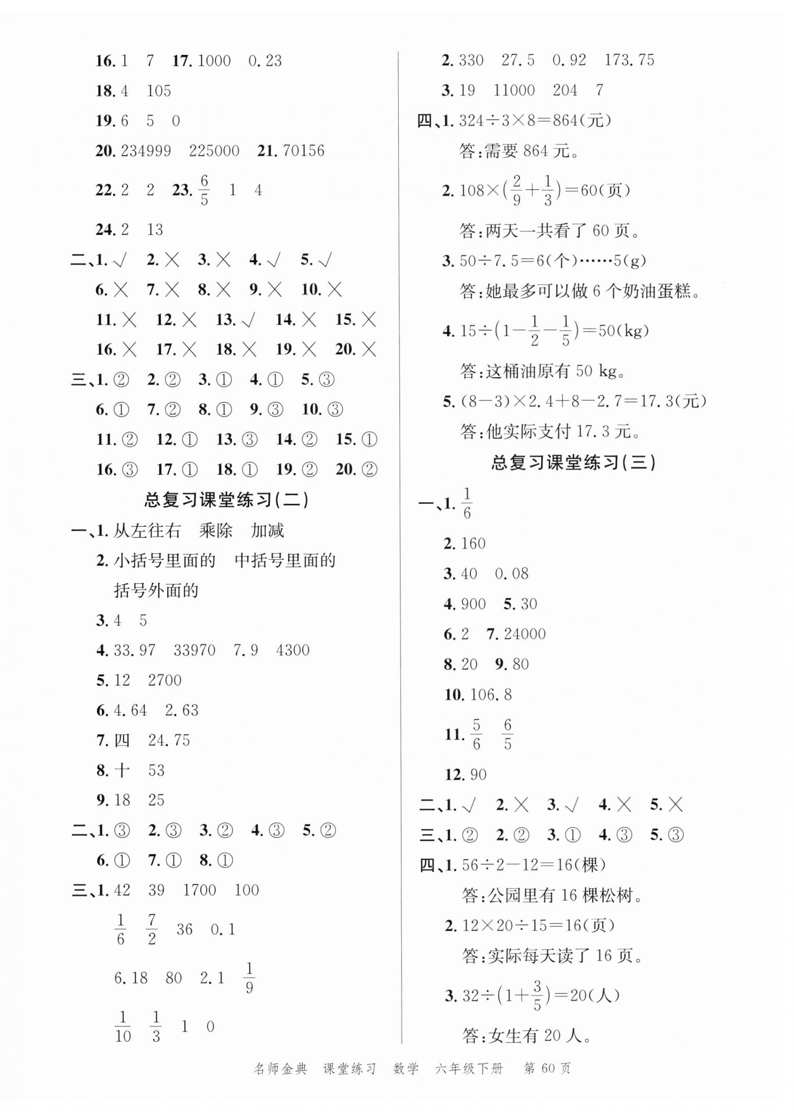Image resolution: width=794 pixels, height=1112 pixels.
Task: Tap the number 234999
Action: tap(146, 151)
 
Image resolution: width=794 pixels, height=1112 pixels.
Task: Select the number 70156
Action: tap(303, 151)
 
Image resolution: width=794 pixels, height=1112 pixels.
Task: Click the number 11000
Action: tap(514, 91)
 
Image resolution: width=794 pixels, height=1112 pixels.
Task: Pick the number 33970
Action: tap(194, 650)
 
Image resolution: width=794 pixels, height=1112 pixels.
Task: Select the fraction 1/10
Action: tap(123, 1027)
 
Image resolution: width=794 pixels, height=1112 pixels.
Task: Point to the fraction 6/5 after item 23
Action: tap(204, 190)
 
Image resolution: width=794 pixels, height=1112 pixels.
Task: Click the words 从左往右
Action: tap(147, 531)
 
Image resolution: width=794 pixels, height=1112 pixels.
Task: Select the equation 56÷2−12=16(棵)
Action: tap(533, 865)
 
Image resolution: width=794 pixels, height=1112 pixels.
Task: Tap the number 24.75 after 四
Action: tap(169, 740)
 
